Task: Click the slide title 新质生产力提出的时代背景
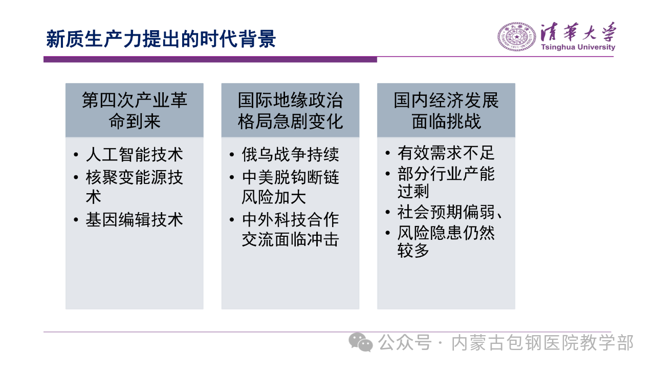coord(161,38)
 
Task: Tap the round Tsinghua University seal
coord(517,37)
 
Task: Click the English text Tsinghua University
coord(578,47)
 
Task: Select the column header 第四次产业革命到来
coord(135,110)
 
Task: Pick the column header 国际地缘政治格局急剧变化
coord(290,110)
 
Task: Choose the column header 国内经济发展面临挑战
coord(446,110)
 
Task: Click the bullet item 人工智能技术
coord(135,154)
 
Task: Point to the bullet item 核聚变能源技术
coord(135,187)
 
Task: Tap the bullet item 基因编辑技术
coord(135,220)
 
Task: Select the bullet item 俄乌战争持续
coord(290,154)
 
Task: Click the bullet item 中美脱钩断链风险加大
coord(290,187)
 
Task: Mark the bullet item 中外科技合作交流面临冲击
coord(290,230)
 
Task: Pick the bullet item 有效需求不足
coord(446,153)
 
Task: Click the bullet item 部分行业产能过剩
coord(446,182)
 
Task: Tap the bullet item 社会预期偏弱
coord(450,212)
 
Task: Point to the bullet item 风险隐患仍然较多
coord(446,241)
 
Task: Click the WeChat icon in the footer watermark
coord(361,342)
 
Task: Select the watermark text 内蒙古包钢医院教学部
coord(542,343)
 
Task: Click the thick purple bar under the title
coord(210,59)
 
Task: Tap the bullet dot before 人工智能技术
coord(76,155)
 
